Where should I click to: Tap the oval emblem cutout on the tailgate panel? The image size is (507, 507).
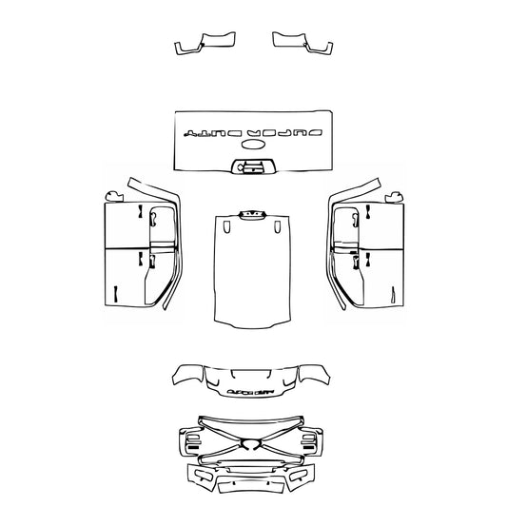pos(254,146)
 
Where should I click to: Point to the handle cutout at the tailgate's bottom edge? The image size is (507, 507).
pos(253,167)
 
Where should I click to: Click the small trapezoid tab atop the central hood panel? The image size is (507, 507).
pos(253,214)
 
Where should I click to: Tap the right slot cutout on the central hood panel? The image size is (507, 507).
pos(277,228)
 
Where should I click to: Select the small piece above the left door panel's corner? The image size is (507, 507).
pos(116,196)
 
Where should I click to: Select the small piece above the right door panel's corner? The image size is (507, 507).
pos(391,196)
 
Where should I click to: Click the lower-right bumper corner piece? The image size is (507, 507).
pos(305,476)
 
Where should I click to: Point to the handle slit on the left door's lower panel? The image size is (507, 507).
pos(113,294)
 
